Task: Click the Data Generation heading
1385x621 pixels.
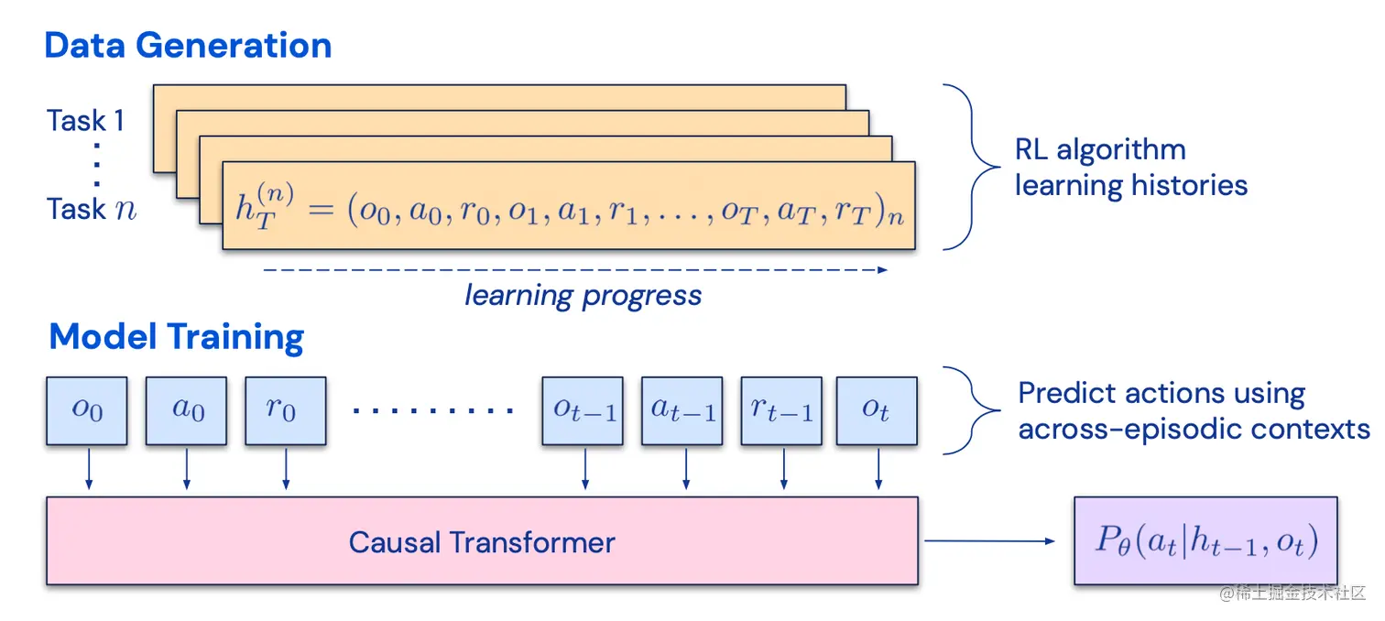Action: (188, 45)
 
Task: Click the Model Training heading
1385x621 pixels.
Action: (176, 337)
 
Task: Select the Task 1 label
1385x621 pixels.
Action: (85, 121)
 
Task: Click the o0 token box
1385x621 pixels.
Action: (87, 409)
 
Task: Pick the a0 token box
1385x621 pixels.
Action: (187, 409)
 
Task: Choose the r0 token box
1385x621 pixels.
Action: (285, 409)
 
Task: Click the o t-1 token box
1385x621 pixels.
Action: (583, 409)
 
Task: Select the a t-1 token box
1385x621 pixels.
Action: (682, 409)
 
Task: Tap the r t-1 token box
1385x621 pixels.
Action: (781, 409)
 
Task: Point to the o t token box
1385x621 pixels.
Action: (877, 409)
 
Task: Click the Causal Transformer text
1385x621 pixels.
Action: (482, 542)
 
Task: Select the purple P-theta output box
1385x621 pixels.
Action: (1205, 540)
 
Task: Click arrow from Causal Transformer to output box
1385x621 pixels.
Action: (989, 540)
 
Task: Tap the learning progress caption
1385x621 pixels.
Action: (583, 296)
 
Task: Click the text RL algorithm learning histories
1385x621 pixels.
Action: (1130, 168)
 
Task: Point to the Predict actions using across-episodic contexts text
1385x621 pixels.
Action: (1193, 411)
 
